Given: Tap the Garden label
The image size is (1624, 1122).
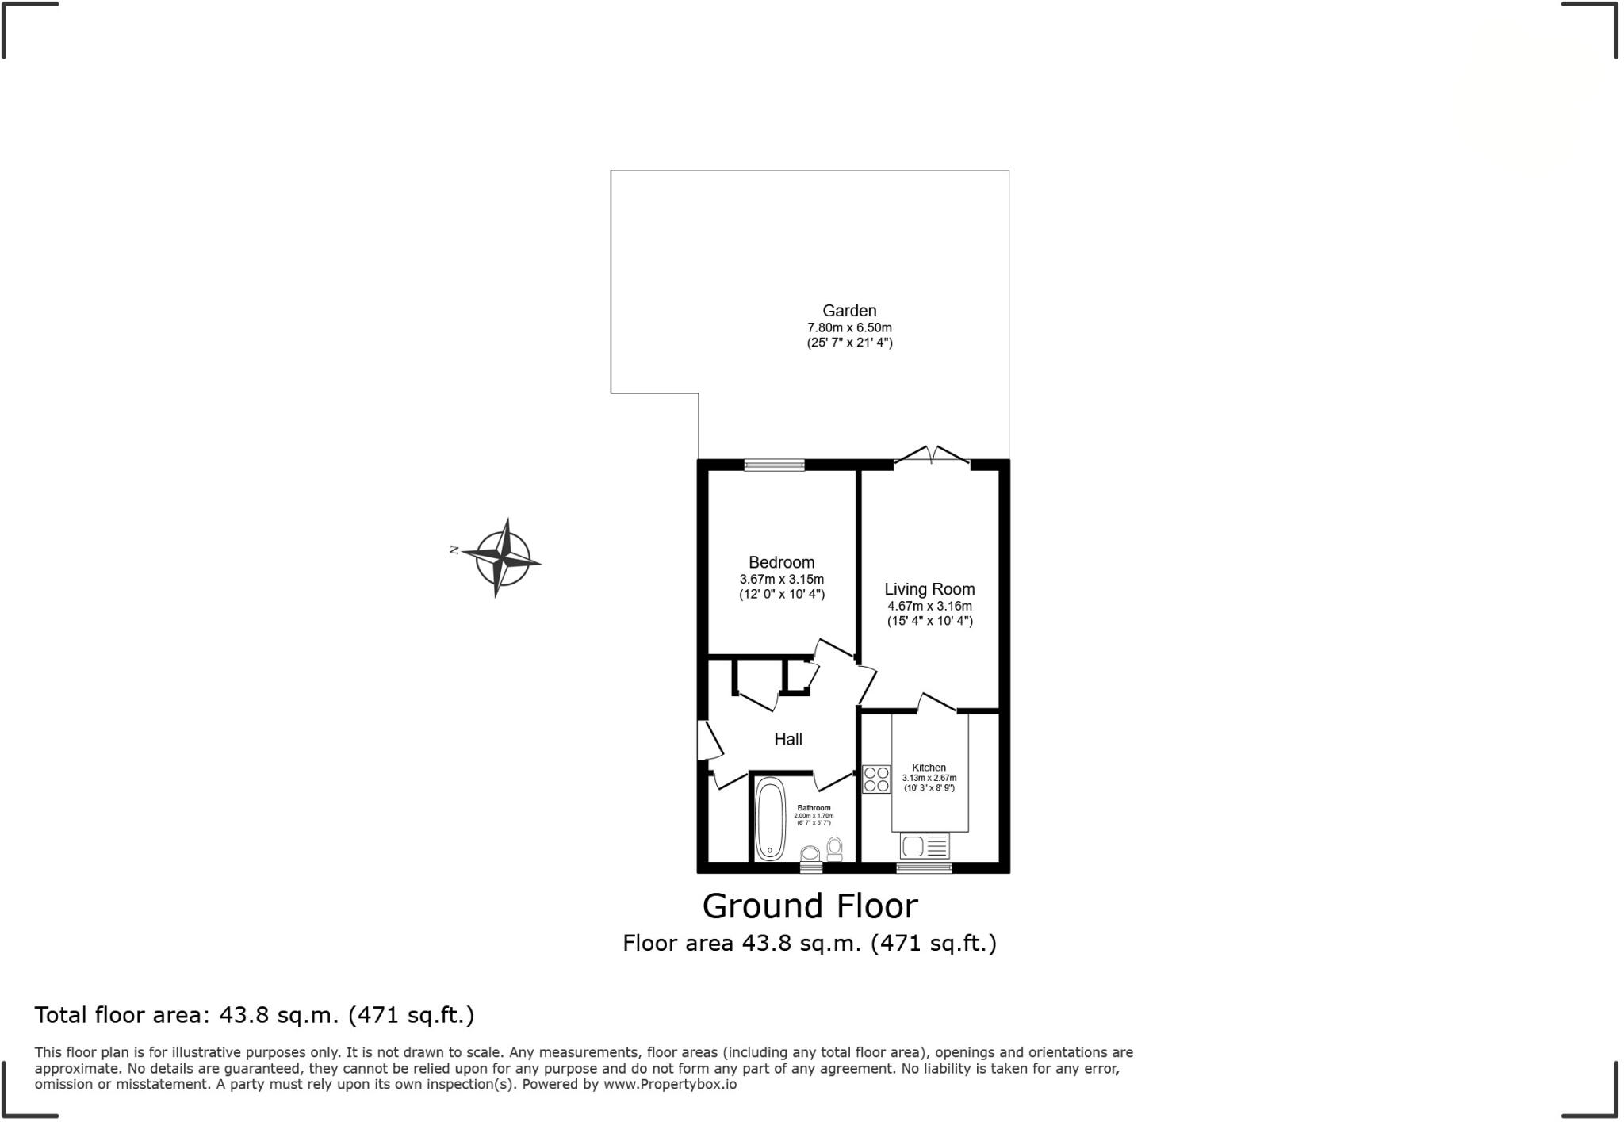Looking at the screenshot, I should tap(849, 311).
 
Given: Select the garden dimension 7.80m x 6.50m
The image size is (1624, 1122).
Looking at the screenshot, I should tap(849, 327).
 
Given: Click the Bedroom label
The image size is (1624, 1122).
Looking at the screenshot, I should tap(781, 562).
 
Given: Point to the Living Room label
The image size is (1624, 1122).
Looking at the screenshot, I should tap(929, 589).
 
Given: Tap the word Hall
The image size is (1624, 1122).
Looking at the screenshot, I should tap(788, 739).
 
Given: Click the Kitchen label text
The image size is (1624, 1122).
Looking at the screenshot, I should tap(929, 768).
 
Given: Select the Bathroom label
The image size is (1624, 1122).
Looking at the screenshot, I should tap(814, 808).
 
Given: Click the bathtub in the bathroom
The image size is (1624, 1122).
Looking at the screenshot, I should tap(769, 818).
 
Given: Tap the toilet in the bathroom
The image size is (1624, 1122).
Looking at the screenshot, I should tap(834, 848).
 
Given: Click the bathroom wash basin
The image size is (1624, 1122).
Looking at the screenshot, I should tap(810, 854).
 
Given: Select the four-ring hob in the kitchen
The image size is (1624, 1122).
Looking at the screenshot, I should tap(876, 779).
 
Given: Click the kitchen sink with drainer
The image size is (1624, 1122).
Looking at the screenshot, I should tap(925, 845).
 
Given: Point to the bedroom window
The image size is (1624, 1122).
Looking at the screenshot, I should tap(774, 465).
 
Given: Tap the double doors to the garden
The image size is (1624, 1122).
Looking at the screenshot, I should tap(933, 457).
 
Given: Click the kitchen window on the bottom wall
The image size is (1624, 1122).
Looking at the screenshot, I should tap(924, 868).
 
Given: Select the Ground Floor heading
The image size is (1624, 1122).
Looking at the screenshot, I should tap(810, 906).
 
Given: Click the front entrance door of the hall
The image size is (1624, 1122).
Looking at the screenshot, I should tap(708, 740).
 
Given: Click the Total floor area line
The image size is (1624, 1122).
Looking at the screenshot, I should tap(254, 1015).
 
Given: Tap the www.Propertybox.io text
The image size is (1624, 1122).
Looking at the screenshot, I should tap(669, 1084).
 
